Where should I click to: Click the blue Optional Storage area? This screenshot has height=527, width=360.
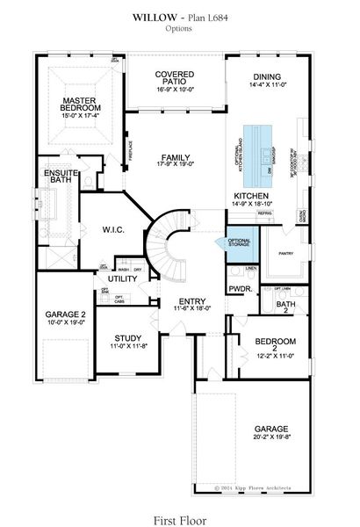click(240, 244)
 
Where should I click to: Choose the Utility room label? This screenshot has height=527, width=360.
click(123, 278)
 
